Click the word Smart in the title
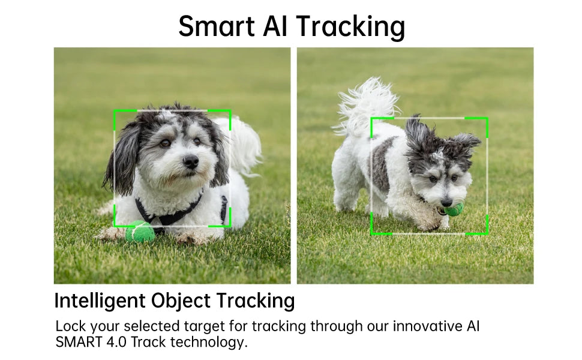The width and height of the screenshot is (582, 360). [x=217, y=26]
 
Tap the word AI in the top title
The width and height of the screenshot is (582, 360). [x=276, y=26]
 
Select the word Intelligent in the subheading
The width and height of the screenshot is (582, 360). [x=100, y=301]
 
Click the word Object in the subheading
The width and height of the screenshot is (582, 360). [x=181, y=301]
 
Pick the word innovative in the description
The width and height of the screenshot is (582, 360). [x=427, y=326]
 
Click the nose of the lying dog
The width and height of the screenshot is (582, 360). [x=191, y=161]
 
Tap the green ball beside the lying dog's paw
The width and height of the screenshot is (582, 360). [x=140, y=232]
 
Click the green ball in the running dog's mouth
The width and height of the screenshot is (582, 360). [x=454, y=210]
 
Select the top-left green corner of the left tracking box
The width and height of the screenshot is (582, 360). [x=115, y=111]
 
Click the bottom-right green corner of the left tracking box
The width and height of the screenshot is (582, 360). [x=230, y=225]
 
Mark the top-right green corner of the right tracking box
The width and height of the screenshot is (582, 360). [x=486, y=119]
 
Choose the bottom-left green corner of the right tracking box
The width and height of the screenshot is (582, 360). [x=372, y=233]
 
